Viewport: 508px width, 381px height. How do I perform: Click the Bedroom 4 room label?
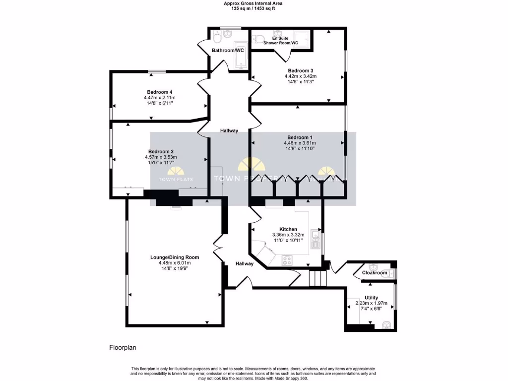159,92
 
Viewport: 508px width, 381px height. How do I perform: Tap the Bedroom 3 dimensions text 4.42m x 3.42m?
300,76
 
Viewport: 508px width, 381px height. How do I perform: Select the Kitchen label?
288,229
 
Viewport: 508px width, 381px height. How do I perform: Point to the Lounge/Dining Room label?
175,257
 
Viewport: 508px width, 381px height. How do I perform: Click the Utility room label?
371,298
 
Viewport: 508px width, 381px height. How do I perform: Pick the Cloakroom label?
375,273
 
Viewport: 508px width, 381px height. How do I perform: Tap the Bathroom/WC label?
227,51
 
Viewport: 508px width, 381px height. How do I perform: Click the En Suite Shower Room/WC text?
281,41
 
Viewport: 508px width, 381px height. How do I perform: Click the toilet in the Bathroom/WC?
217,37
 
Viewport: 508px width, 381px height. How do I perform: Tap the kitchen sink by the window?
315,240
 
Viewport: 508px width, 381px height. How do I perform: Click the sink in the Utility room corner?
386,325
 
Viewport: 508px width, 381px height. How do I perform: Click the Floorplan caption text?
122,348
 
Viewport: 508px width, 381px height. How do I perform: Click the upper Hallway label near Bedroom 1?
229,131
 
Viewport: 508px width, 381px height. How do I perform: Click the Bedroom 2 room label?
160,151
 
